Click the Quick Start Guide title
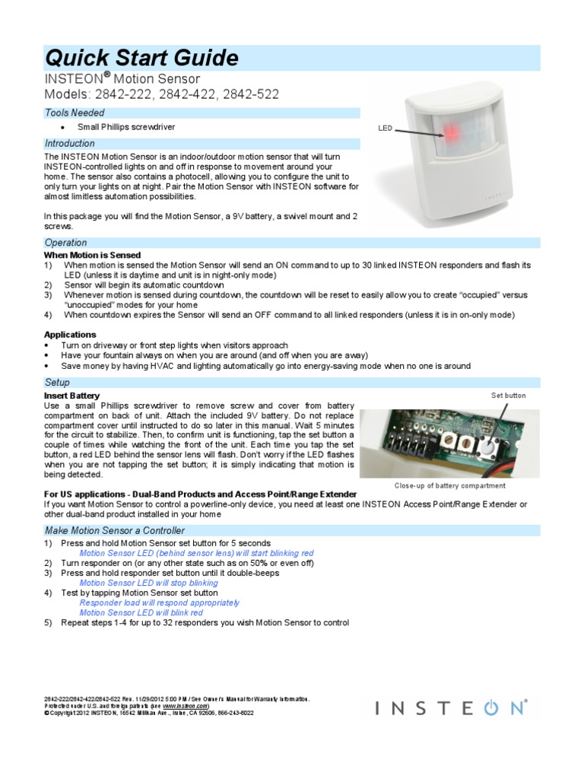(x=143, y=58)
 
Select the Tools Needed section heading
(x=75, y=113)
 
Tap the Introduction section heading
(x=70, y=143)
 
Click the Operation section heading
(x=67, y=242)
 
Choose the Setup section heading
(x=57, y=383)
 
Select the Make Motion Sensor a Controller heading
(x=114, y=529)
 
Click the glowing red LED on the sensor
(x=449, y=133)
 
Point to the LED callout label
(x=385, y=129)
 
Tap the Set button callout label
(x=508, y=396)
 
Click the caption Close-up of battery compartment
(x=449, y=485)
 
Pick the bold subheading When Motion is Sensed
(x=92, y=255)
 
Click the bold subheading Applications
(x=70, y=334)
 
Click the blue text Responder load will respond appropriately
(x=160, y=603)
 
